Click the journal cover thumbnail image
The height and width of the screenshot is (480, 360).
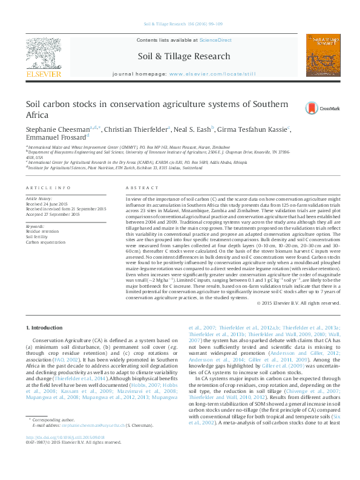point(321,55)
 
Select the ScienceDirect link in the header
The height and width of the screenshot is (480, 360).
point(216,40)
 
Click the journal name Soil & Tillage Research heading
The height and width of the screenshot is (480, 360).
point(184,57)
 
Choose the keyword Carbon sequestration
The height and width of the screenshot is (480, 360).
point(45,242)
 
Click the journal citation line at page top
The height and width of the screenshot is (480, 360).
point(183,25)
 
